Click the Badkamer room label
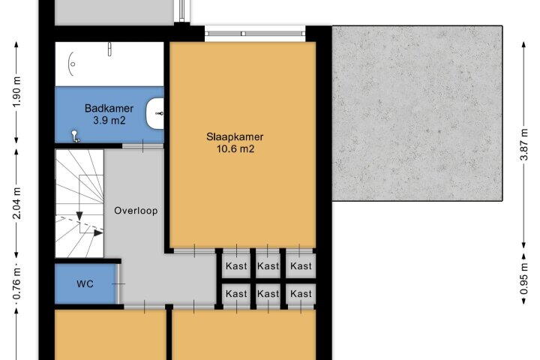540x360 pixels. click(109, 109)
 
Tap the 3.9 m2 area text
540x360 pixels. click(109, 121)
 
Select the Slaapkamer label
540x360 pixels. click(235, 136)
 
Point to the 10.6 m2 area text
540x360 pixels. click(235, 148)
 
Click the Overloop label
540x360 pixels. click(136, 211)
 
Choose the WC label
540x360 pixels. click(85, 283)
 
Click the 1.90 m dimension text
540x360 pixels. click(16, 92)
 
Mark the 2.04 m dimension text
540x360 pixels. click(16, 203)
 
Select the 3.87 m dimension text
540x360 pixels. click(523, 145)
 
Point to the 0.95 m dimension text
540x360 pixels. click(523, 279)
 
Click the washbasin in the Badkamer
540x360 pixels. click(154, 113)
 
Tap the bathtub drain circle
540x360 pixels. click(73, 64)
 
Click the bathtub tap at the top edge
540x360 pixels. click(109, 49)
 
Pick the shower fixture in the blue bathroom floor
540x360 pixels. click(75, 136)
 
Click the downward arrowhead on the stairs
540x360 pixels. click(79, 216)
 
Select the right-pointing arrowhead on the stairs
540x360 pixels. click(98, 233)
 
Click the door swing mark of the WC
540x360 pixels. click(118, 284)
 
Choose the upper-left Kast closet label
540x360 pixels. click(236, 266)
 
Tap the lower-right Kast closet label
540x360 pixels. click(301, 294)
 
